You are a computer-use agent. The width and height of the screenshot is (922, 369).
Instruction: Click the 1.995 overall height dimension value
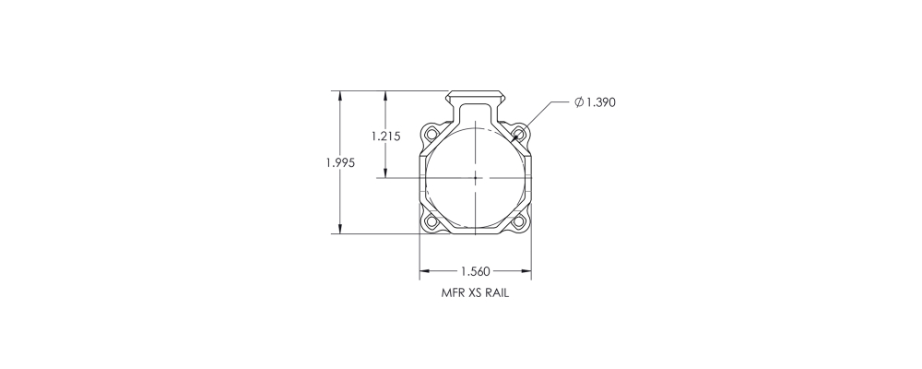[341, 162]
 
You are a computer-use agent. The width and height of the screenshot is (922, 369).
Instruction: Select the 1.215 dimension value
[385, 136]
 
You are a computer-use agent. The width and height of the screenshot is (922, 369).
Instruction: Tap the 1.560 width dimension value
[475, 271]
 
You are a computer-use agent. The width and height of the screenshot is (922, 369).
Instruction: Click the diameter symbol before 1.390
[579, 102]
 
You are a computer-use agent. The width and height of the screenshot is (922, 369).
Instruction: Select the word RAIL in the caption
[497, 293]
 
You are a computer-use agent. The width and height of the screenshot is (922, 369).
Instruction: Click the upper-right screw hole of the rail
[518, 134]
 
